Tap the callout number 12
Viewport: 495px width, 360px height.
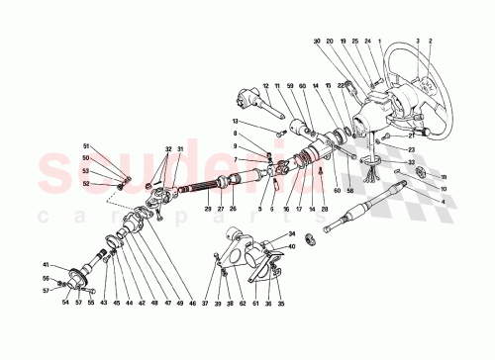pyautogui.click(x=266, y=86)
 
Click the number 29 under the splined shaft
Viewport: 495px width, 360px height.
pyautogui.click(x=208, y=209)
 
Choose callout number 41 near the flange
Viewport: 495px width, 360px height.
pyautogui.click(x=45, y=264)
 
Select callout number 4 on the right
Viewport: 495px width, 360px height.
pyautogui.click(x=443, y=203)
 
